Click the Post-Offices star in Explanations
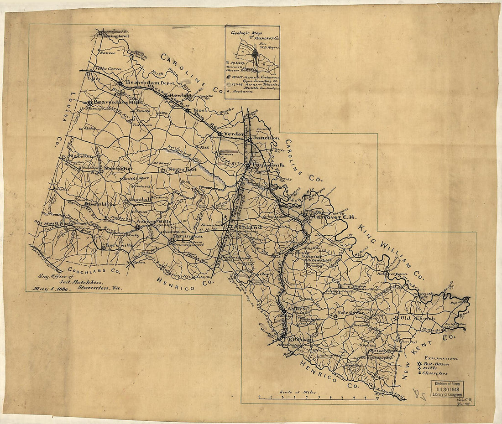click(420, 364)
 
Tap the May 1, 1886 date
click(51, 289)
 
